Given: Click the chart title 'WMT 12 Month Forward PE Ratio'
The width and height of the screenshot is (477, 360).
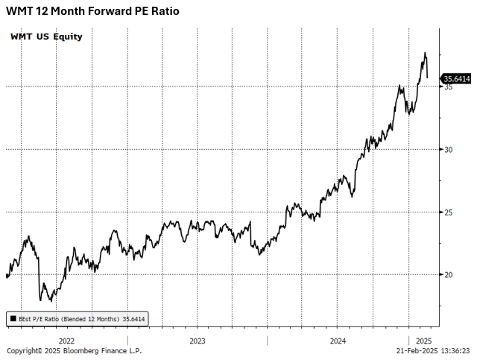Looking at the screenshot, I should point(92,12).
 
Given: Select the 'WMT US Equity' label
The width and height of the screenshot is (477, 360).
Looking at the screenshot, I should point(46,37).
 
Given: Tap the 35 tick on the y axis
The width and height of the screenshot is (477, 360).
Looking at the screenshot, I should point(449,87).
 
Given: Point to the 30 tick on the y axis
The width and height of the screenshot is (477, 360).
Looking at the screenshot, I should point(449,150).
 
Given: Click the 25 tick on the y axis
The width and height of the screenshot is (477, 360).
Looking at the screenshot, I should point(449,212).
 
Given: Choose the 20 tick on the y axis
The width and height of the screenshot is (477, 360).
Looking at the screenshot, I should point(449,275).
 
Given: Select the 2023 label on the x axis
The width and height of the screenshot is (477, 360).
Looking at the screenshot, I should point(198,341).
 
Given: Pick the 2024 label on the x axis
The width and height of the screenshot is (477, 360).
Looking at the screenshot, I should point(338,341).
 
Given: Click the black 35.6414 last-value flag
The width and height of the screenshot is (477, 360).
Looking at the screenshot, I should point(456,78).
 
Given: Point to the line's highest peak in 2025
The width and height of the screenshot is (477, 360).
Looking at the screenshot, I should point(425,54).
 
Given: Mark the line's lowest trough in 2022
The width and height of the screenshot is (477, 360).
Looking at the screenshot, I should point(50,300).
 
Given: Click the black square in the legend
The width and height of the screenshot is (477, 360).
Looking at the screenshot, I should point(13,319).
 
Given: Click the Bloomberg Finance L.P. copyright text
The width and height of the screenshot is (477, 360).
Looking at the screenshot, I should point(74,351).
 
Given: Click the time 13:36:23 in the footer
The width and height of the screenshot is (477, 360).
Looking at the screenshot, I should point(454,351).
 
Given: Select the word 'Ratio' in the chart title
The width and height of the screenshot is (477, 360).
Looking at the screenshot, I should point(164,12).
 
